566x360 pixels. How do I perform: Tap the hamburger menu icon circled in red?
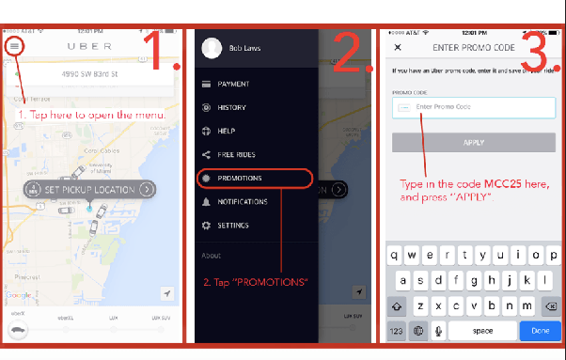[15, 45]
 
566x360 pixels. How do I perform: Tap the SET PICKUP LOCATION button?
[89, 189]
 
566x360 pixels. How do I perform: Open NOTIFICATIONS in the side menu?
[242, 201]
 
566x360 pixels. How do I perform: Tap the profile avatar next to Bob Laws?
[212, 48]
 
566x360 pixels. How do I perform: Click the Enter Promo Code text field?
[474, 107]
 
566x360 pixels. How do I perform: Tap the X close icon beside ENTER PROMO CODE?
[398, 47]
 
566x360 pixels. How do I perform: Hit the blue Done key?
[540, 330]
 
